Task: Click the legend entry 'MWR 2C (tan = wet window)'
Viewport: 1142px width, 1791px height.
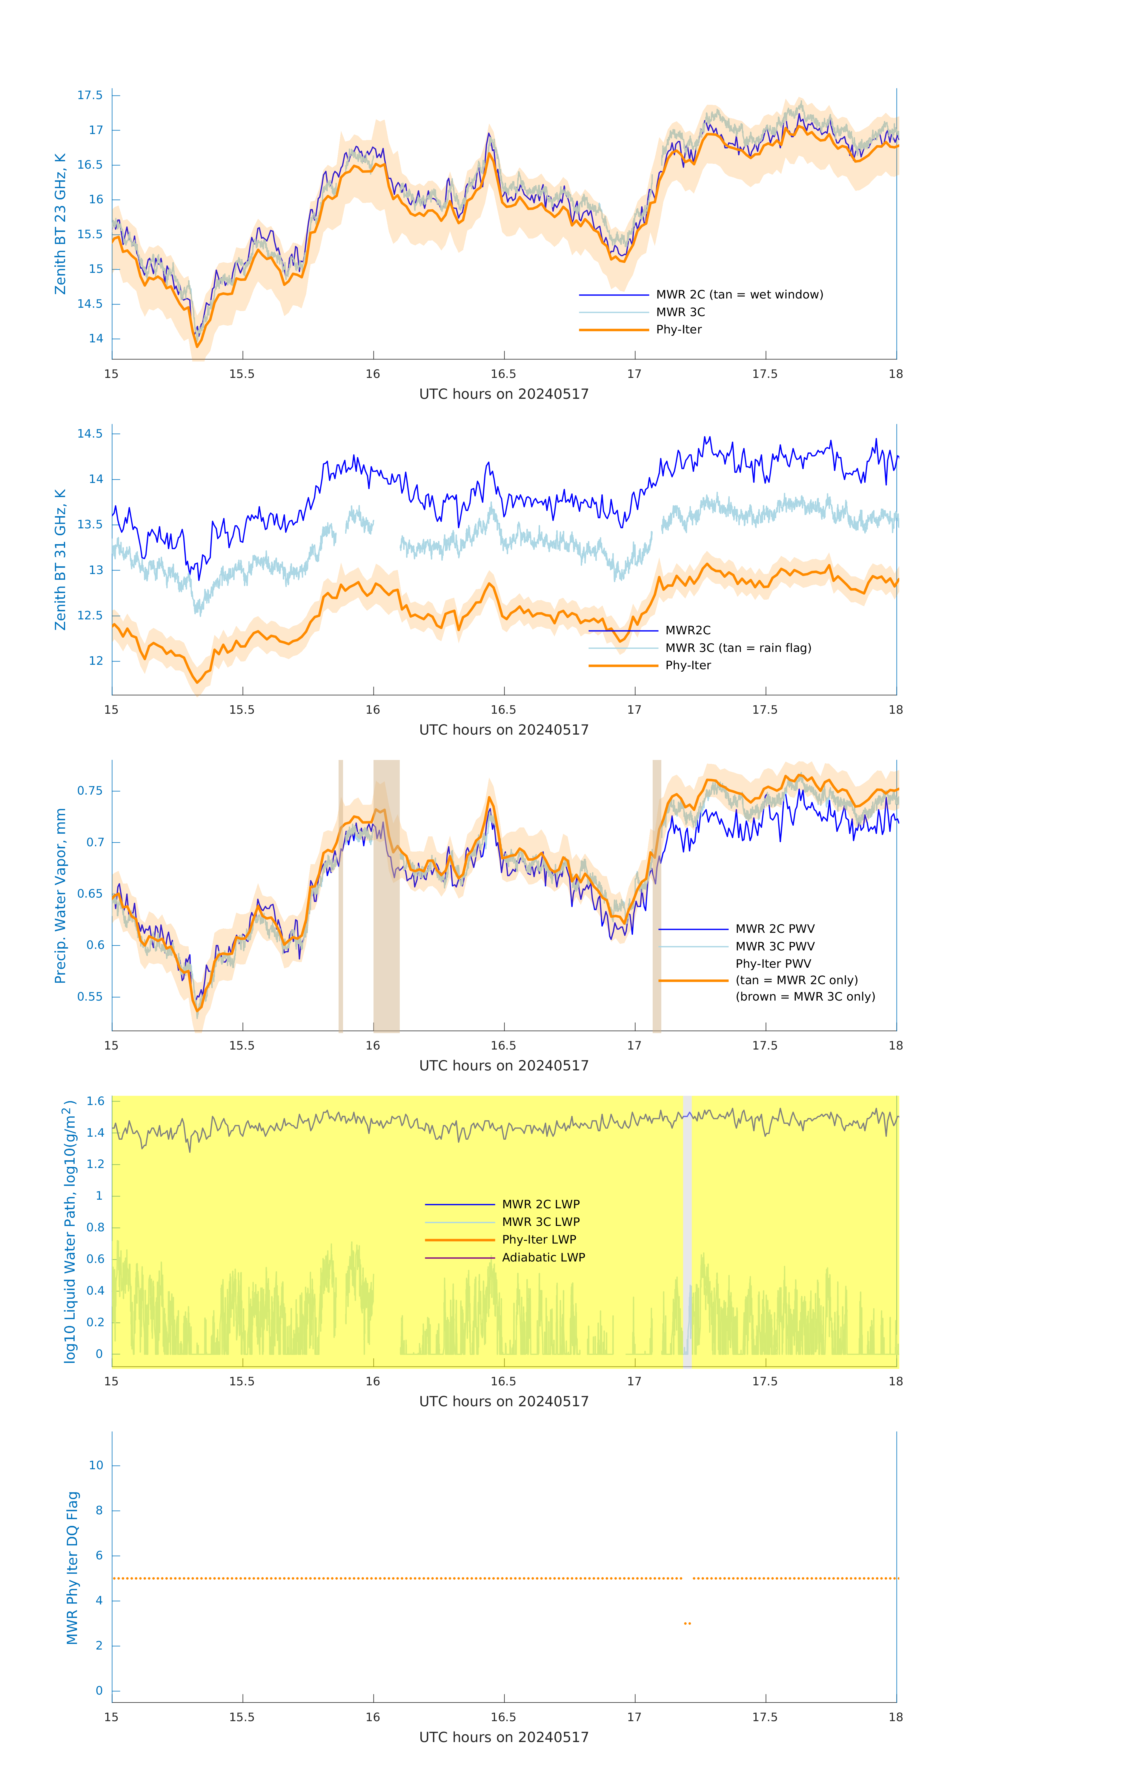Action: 739,295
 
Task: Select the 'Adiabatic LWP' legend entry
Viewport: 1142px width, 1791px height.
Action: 543,1257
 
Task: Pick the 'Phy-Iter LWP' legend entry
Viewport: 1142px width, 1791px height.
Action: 539,1239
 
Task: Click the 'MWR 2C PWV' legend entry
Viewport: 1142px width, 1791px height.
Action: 774,929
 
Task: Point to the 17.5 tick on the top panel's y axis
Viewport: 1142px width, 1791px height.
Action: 90,95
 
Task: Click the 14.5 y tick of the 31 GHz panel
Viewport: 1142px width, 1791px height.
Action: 90,434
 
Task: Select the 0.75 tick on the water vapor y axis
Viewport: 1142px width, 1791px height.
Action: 90,791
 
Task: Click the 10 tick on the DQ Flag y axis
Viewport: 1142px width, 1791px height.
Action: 96,1465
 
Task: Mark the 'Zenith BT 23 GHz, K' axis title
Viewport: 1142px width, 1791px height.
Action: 60,224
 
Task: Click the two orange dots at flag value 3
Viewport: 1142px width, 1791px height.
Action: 687,1623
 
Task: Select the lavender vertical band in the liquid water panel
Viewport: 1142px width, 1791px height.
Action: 687,1231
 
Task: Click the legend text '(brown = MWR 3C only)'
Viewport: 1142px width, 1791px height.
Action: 805,997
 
